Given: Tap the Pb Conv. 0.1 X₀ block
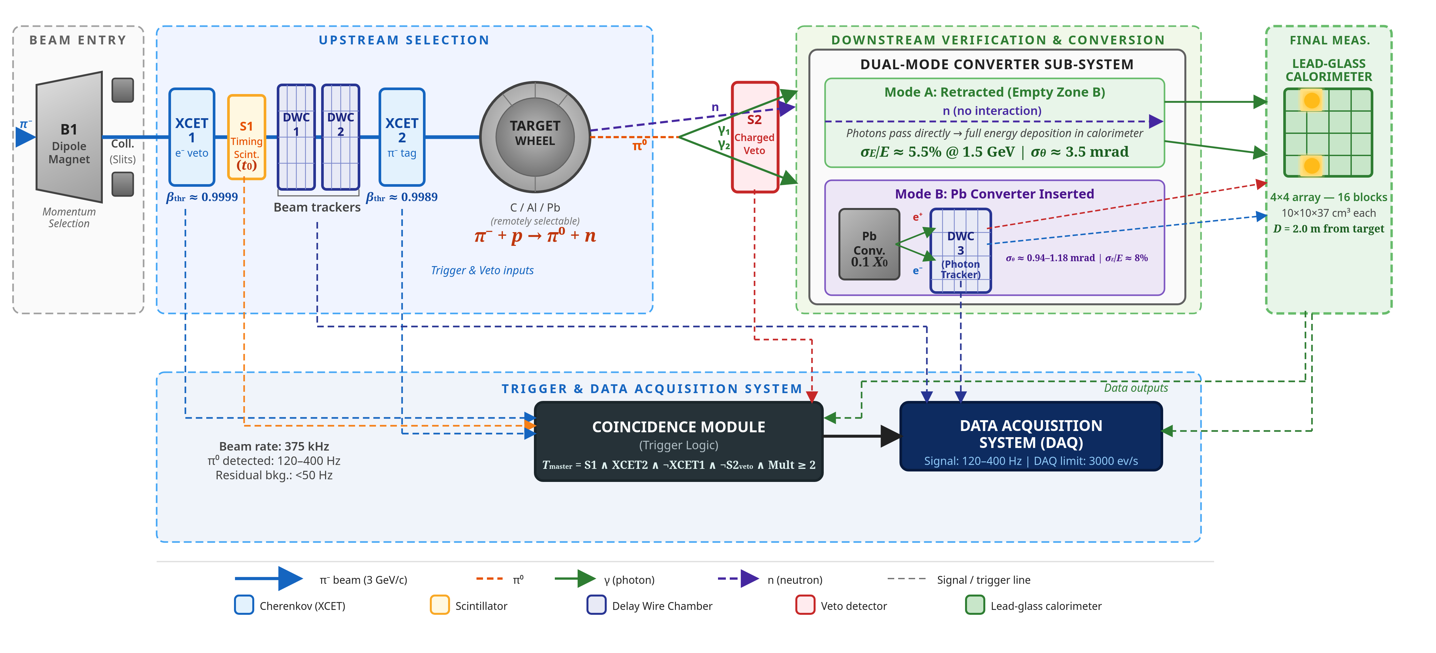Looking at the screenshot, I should [869, 244].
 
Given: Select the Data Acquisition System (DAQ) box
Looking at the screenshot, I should [1031, 437].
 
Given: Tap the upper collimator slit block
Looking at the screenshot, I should [123, 90].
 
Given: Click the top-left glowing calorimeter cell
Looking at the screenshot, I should [1312, 100].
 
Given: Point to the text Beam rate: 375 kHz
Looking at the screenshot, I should [274, 446].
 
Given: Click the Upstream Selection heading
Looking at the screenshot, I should [404, 40].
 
